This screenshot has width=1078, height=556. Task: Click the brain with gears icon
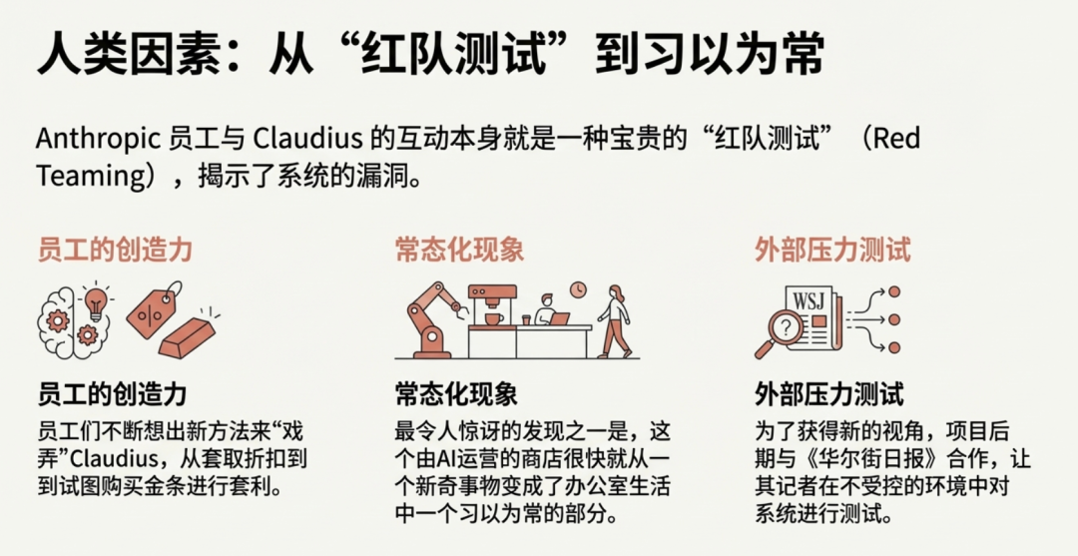[63, 319]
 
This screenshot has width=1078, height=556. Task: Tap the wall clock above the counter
[578, 288]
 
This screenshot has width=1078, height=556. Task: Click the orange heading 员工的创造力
[114, 249]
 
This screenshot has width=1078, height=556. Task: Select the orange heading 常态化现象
[459, 249]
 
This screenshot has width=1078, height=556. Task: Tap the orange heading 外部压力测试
[832, 249]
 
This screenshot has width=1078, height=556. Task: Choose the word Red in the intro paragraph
[896, 138]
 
